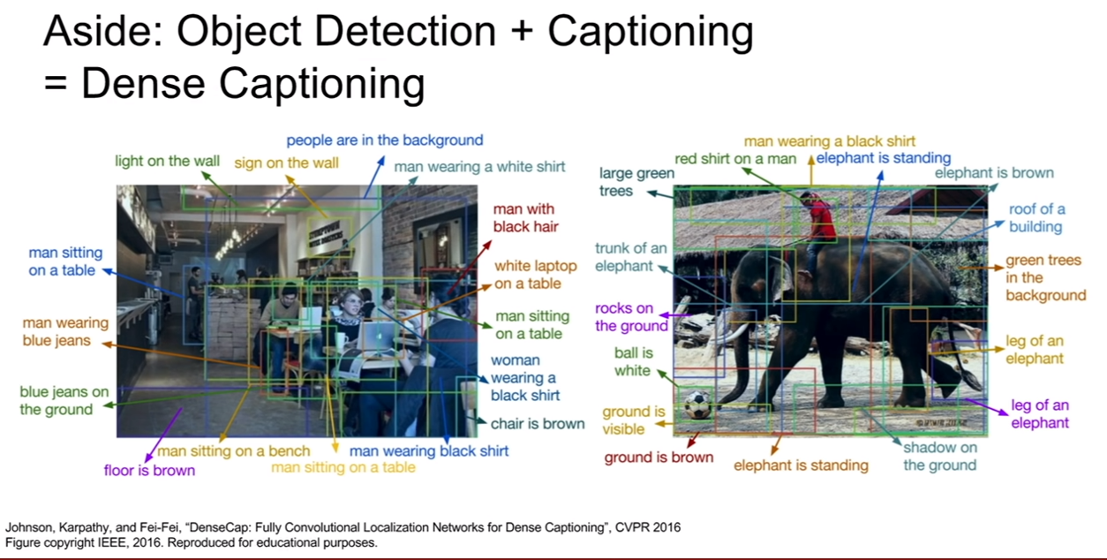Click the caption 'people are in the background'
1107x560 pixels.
385,140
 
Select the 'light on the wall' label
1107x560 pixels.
167,161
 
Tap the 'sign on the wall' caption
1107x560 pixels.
286,163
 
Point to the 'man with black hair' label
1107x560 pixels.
525,217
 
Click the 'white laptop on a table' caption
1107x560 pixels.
536,275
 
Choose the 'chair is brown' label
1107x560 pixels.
538,424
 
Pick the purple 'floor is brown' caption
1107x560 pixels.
149,470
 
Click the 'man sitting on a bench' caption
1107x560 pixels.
234,450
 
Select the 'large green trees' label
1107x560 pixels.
636,182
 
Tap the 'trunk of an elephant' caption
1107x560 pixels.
630,257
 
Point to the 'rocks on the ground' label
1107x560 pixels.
631,317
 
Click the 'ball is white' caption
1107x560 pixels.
634,361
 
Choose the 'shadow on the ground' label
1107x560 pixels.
940,456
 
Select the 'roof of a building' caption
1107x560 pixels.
1036,217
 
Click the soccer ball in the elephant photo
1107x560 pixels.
697,405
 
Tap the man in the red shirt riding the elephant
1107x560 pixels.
819,227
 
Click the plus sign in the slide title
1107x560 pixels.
522,31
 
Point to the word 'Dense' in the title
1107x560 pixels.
143,83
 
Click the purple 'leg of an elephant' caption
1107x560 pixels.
1040,413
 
